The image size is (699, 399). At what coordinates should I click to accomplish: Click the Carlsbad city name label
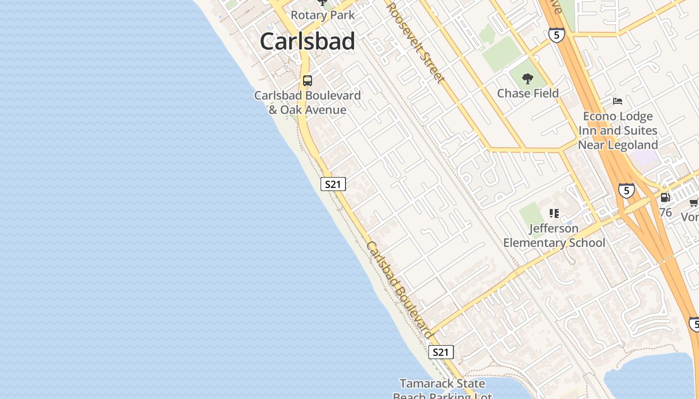pyautogui.click(x=307, y=41)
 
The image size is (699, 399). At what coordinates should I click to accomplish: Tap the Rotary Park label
pyautogui.click(x=323, y=15)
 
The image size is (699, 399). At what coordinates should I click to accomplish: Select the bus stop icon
pyautogui.click(x=308, y=80)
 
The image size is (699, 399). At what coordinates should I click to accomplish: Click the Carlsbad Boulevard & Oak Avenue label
pyautogui.click(x=308, y=102)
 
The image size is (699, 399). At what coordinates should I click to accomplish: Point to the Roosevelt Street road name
pyautogui.click(x=414, y=42)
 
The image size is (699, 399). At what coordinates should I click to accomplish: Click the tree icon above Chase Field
pyautogui.click(x=527, y=78)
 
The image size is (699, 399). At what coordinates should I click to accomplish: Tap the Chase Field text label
pyautogui.click(x=528, y=93)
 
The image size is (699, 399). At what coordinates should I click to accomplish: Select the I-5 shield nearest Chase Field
pyautogui.click(x=556, y=34)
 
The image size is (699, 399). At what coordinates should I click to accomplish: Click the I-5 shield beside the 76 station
pyautogui.click(x=627, y=191)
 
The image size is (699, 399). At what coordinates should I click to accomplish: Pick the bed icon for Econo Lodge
pyautogui.click(x=618, y=101)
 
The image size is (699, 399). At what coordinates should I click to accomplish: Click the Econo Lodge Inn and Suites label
pyautogui.click(x=618, y=130)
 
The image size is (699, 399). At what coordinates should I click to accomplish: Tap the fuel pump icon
pyautogui.click(x=665, y=198)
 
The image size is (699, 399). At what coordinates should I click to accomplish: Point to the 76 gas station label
pyautogui.click(x=665, y=212)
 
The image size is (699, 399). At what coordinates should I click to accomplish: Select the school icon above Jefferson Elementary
pyautogui.click(x=554, y=213)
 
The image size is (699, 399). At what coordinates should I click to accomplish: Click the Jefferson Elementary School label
pyautogui.click(x=554, y=235)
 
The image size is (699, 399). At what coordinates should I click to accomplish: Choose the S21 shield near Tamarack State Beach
pyautogui.click(x=441, y=352)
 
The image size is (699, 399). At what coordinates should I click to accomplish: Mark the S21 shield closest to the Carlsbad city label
pyautogui.click(x=333, y=184)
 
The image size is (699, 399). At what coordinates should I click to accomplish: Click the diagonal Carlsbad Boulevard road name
pyautogui.click(x=399, y=290)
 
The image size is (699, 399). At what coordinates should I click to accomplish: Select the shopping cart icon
pyautogui.click(x=694, y=202)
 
